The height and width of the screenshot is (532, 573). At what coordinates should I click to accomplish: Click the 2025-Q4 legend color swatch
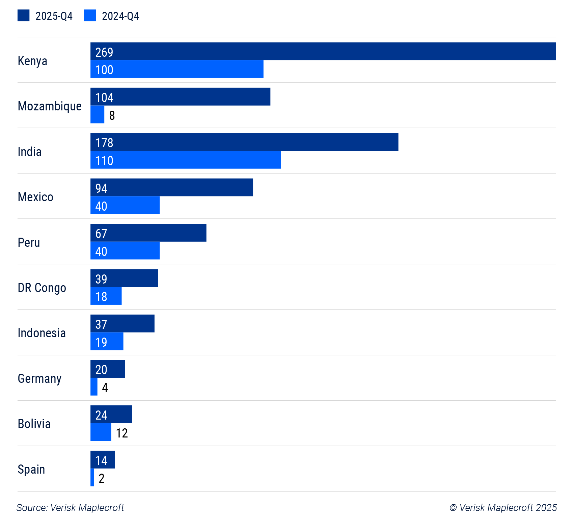pos(23,16)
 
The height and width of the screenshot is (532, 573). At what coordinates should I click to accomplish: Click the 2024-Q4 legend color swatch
pos(90,16)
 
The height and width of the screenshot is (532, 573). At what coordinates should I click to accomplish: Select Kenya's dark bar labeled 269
pos(323,51)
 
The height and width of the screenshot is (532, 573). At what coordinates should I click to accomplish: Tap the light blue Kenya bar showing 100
pos(177,69)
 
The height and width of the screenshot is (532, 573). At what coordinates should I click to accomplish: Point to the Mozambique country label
pos(50,106)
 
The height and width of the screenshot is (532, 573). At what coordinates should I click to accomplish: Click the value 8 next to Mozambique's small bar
pos(112,115)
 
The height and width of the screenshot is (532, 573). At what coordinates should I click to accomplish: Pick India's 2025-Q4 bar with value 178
pos(244,142)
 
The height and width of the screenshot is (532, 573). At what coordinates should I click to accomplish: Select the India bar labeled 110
pos(185,160)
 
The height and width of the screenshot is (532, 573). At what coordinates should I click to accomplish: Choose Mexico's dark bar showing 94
pos(171,187)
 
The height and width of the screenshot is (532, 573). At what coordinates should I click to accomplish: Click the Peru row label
pos(29,242)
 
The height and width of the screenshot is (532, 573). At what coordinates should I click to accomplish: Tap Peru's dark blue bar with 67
pos(148,233)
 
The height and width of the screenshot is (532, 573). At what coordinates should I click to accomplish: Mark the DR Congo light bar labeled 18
pos(106,296)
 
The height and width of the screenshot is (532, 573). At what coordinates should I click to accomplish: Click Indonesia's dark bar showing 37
pos(122,324)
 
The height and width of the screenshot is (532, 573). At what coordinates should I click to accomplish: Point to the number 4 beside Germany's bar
pos(105,388)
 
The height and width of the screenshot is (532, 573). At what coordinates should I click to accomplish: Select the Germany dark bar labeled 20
pos(108,369)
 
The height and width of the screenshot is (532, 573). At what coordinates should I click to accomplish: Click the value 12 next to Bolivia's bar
pos(122,433)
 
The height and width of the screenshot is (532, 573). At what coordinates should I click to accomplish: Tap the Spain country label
pos(31,469)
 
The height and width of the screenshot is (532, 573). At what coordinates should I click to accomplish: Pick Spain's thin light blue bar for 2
pos(92,477)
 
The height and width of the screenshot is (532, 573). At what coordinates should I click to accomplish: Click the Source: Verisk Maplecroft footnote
pos(70,508)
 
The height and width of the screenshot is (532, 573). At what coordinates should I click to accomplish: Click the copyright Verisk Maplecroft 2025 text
pos(503,508)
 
